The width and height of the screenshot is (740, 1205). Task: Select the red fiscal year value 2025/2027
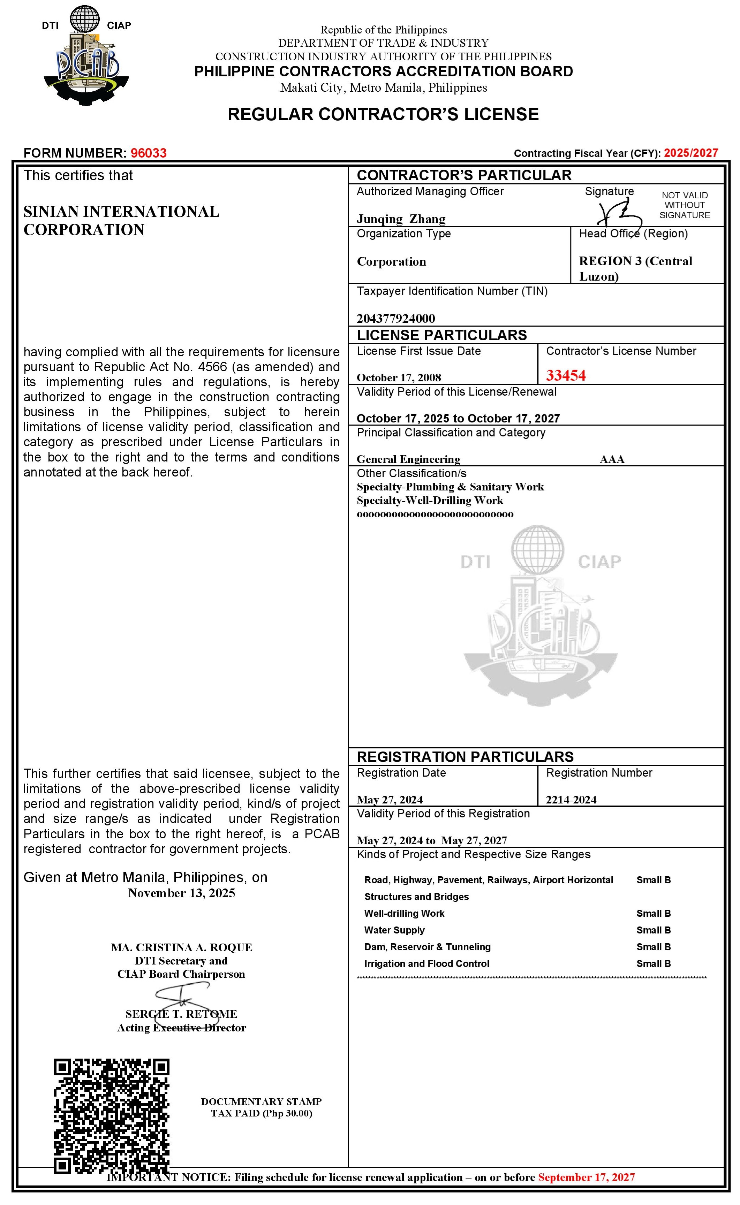[690, 153]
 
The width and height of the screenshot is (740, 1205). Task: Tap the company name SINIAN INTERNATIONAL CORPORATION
[121, 221]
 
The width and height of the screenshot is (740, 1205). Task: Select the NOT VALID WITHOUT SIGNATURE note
[684, 205]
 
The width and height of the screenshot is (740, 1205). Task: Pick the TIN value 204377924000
[395, 318]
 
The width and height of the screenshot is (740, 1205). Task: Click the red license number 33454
[565, 376]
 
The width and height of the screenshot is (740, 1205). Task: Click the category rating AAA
[611, 459]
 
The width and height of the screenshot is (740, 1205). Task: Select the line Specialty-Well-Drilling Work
[429, 500]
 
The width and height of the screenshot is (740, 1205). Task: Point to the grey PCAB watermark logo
[540, 616]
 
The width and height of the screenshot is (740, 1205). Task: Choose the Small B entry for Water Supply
[653, 930]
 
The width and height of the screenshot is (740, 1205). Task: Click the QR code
[112, 1116]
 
